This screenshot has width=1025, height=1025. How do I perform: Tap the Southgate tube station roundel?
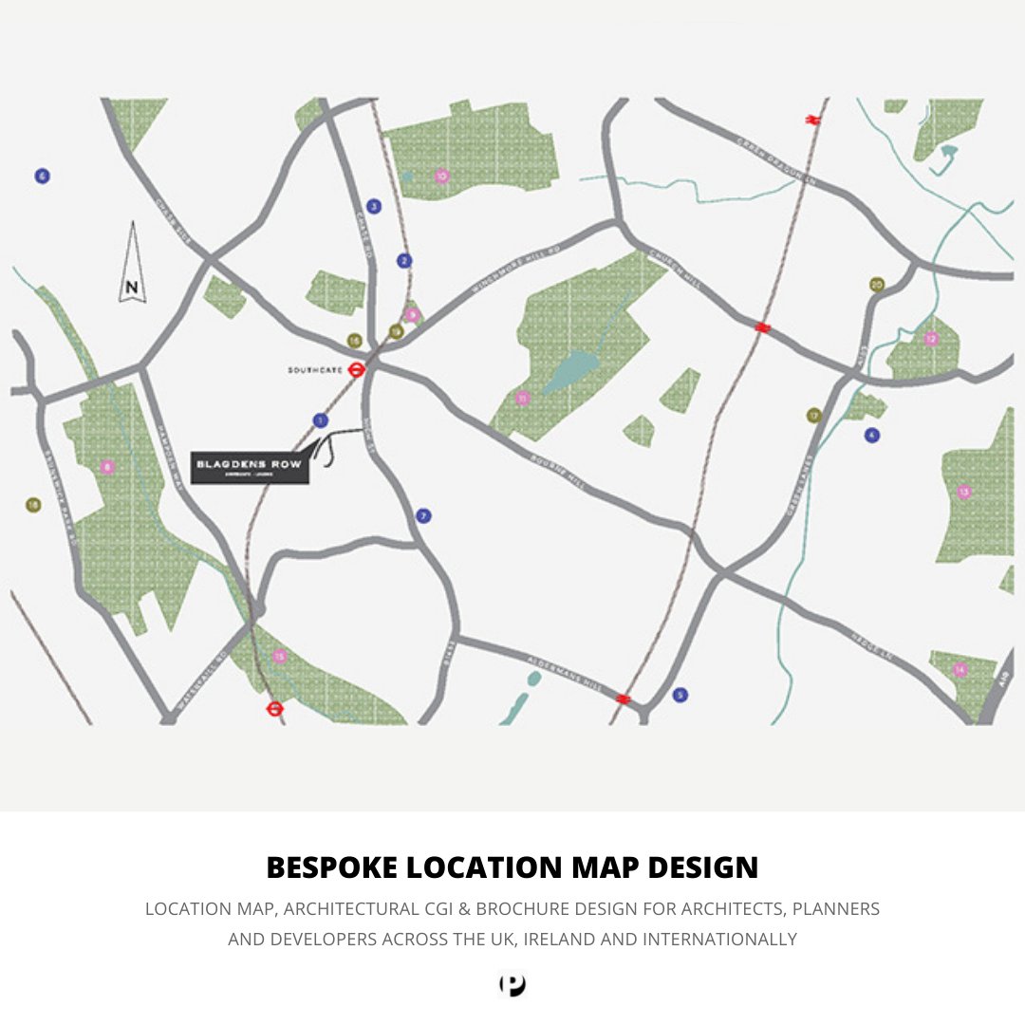click(357, 370)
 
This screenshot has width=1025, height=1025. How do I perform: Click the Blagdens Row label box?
click(251, 467)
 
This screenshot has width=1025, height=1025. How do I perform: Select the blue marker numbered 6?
click(42, 177)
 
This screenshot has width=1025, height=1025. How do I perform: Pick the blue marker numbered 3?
click(374, 206)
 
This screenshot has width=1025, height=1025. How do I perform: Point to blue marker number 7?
click(423, 516)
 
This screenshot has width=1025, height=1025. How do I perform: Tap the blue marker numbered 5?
click(680, 695)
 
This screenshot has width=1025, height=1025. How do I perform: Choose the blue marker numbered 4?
click(872, 435)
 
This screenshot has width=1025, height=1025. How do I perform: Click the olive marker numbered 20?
click(877, 285)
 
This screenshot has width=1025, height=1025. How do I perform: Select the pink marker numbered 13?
click(964, 492)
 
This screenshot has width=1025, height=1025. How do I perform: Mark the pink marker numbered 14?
click(960, 670)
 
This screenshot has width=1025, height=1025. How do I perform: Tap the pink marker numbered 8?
click(107, 467)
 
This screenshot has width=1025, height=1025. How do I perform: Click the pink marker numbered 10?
click(441, 176)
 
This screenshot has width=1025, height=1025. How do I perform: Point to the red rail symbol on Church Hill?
click(761, 328)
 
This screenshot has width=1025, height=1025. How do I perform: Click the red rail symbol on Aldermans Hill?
click(623, 699)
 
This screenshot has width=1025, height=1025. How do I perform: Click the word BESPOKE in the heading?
click(332, 867)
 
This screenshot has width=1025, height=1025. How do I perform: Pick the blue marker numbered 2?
click(405, 261)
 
